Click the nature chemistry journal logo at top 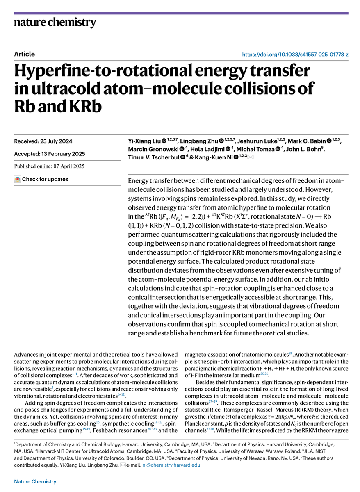(55, 22)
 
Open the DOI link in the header (295, 54)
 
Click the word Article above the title (24, 54)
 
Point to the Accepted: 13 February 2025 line (49, 154)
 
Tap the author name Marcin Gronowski (153, 150)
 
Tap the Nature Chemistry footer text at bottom (35, 481)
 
